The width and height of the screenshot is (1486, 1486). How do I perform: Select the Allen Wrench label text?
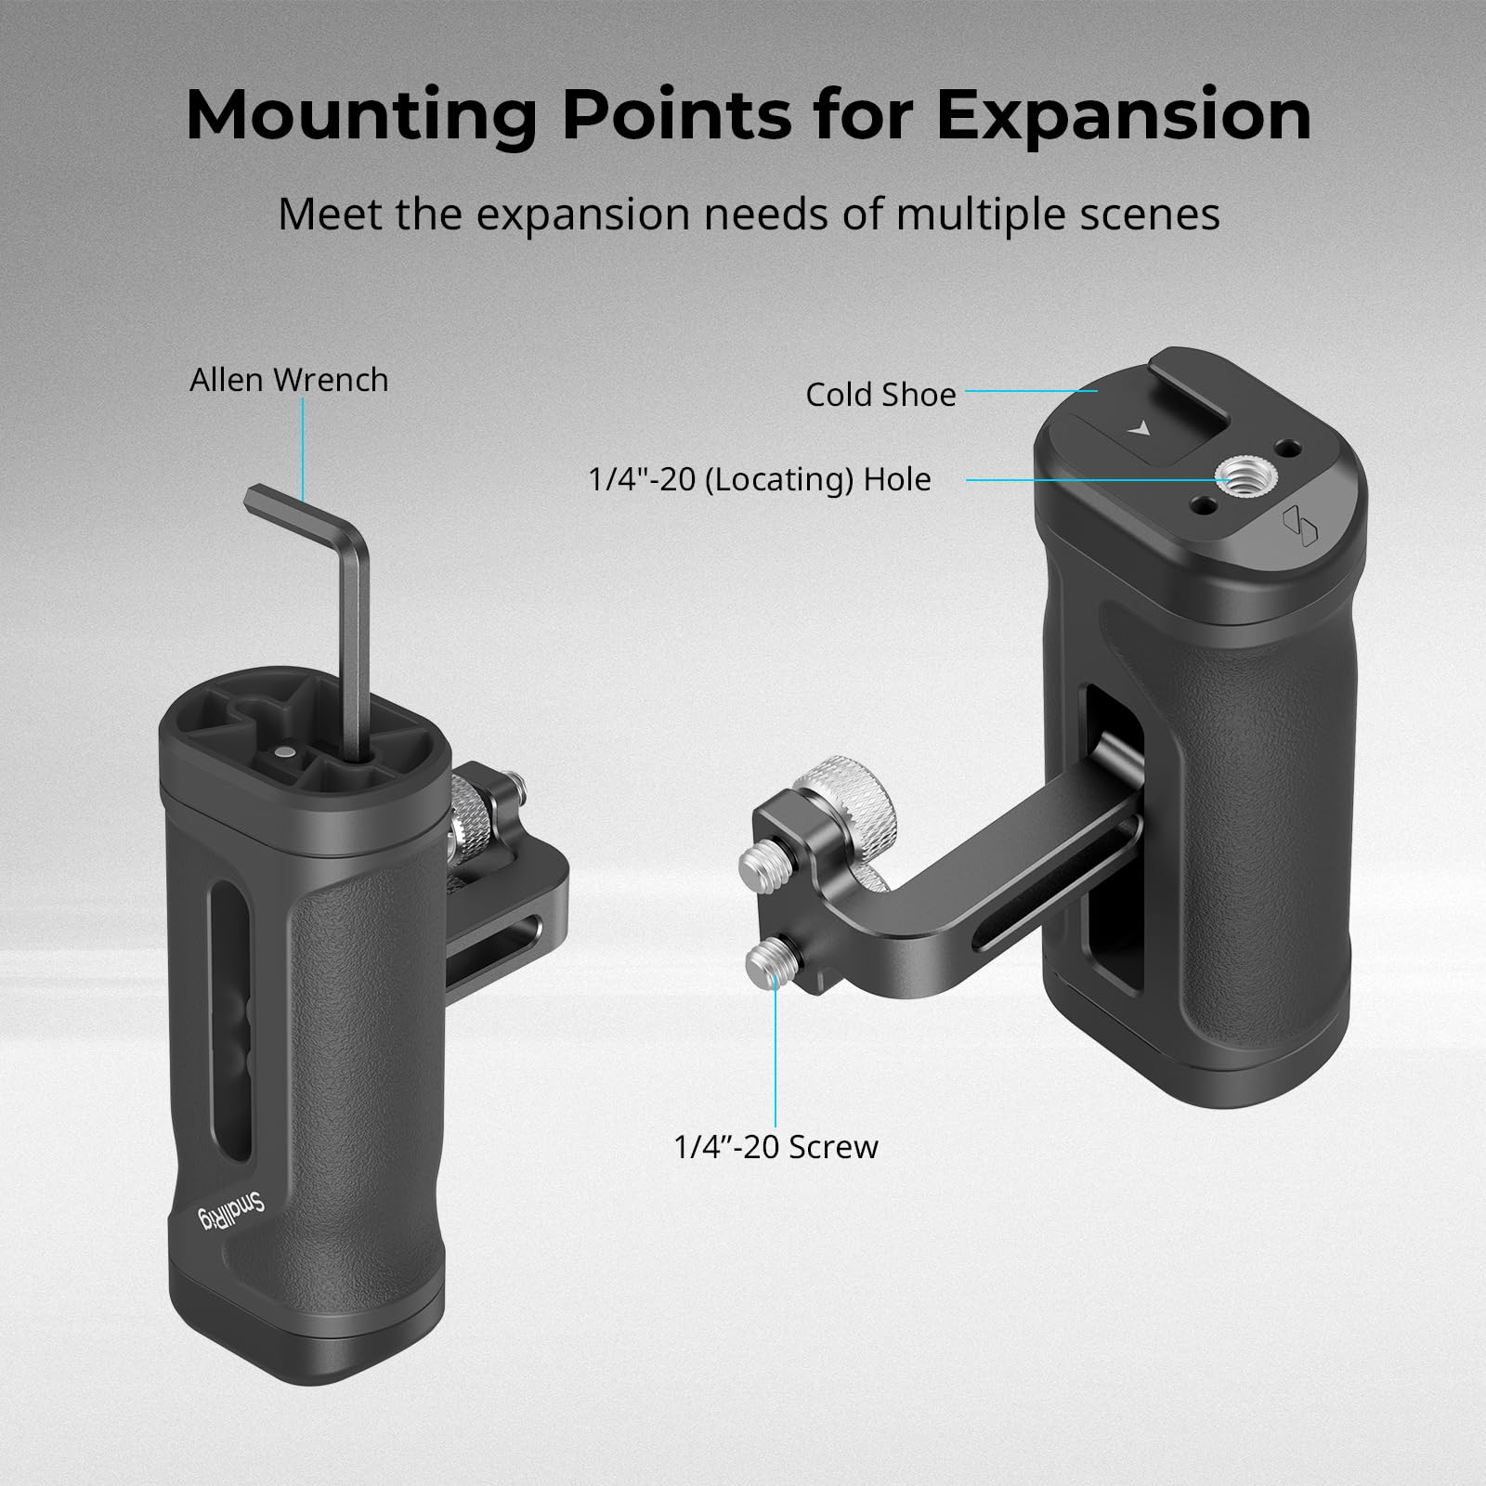[x=289, y=380]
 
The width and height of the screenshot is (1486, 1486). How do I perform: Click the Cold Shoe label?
[x=880, y=395]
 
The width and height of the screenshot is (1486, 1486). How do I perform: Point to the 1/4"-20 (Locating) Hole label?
[x=760, y=480]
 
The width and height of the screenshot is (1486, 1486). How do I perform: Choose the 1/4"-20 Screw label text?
[x=776, y=1146]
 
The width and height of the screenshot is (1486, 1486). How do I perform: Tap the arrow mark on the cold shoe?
[x=1138, y=429]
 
